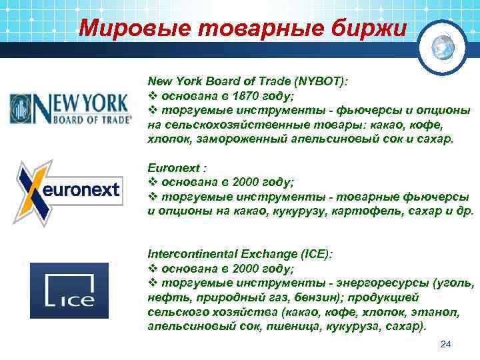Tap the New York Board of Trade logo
click(69, 109)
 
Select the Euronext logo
click(68, 190)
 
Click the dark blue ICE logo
click(69, 289)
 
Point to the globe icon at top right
click(442, 46)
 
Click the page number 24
click(446, 344)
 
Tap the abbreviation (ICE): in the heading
click(313, 255)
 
